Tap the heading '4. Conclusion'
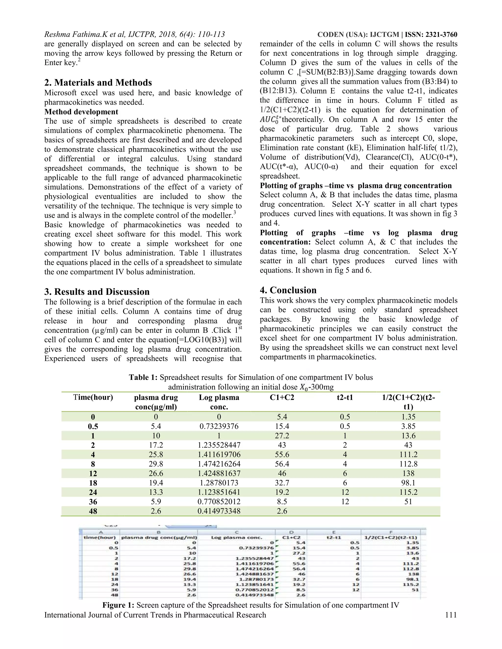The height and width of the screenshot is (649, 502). point(288,290)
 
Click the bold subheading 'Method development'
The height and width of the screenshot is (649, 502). point(81,112)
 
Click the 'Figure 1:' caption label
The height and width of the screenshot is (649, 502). point(119,605)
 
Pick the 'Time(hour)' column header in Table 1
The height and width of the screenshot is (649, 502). point(93,397)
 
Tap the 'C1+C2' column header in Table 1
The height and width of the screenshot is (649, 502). point(282,397)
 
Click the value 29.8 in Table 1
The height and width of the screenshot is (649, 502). point(156,464)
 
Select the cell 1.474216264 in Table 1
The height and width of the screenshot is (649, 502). point(219,464)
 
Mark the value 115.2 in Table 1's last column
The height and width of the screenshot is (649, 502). point(408,493)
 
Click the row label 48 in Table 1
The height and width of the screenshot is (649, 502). point(93,511)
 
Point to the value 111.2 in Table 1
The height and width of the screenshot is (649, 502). point(408,455)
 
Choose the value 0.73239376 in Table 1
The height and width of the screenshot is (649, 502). point(219,426)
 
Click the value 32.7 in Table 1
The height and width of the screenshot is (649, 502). point(282,483)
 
